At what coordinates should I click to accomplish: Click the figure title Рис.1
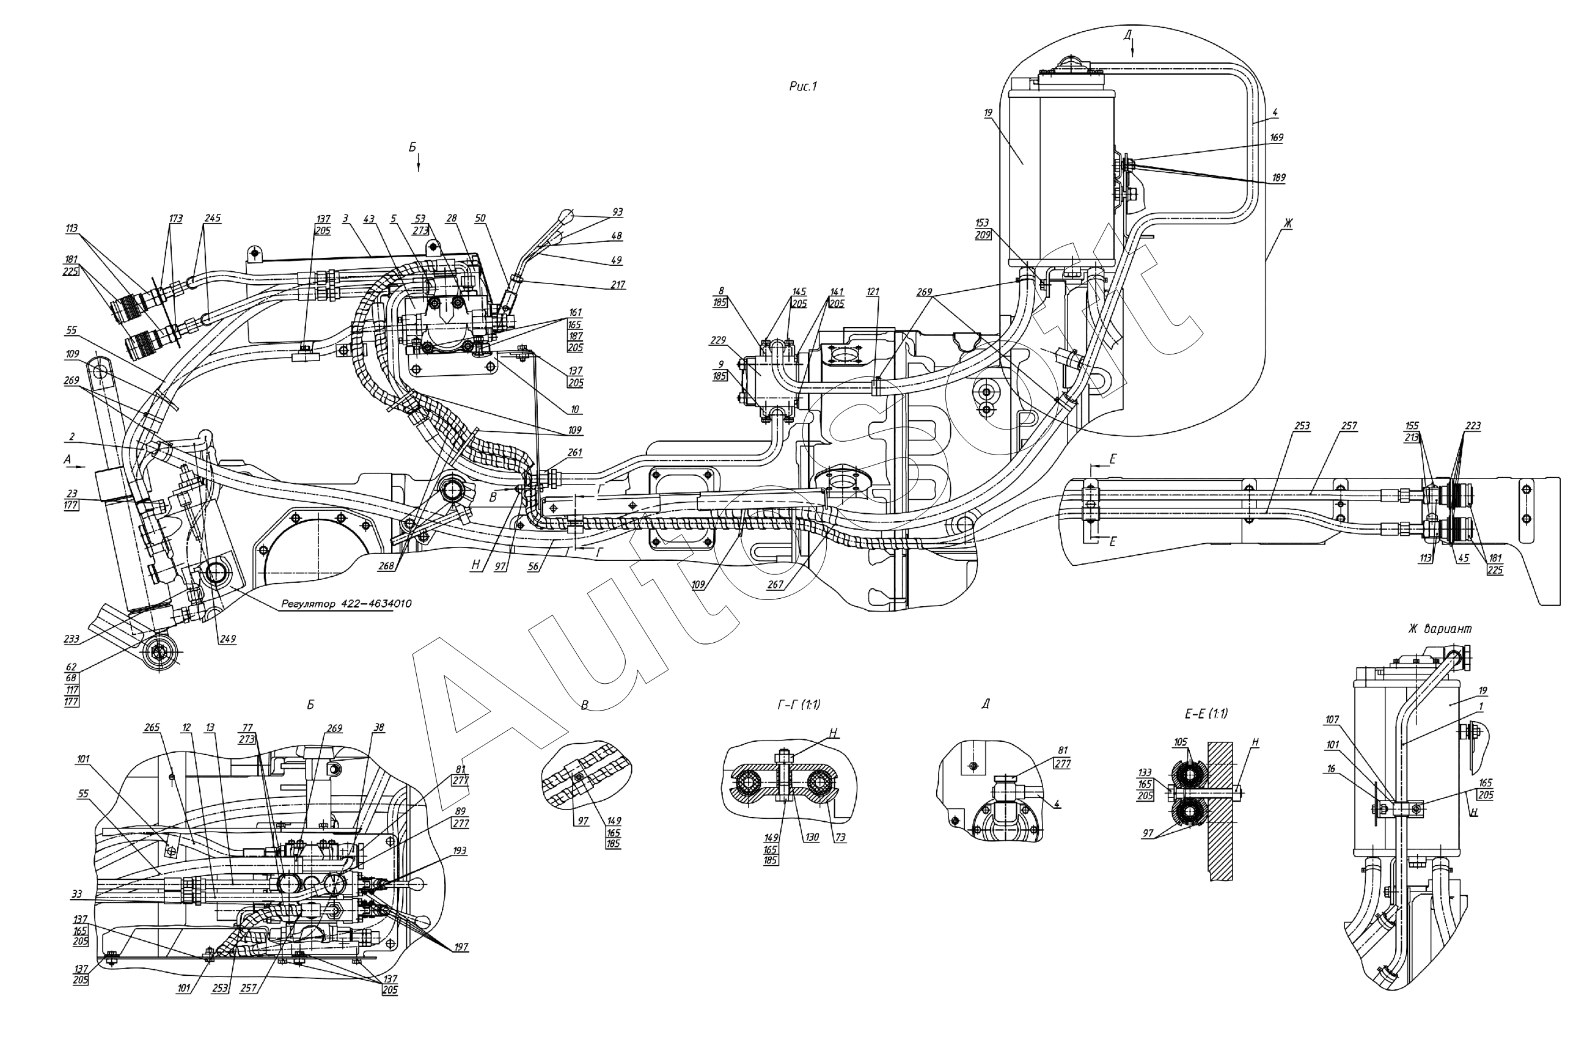(x=802, y=86)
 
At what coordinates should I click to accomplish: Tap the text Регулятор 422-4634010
(x=346, y=604)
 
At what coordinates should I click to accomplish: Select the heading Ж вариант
(x=1440, y=628)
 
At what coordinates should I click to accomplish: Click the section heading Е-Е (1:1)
(x=1206, y=714)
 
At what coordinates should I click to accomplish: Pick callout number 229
(x=717, y=340)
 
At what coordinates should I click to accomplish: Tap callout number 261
(x=574, y=452)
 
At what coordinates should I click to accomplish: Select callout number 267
(x=775, y=585)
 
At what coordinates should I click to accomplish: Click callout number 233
(x=71, y=639)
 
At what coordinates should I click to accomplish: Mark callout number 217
(x=617, y=285)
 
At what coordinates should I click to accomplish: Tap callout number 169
(x=1277, y=137)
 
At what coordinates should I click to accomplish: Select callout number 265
(x=152, y=728)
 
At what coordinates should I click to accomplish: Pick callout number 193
(x=460, y=851)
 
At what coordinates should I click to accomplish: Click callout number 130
(x=811, y=837)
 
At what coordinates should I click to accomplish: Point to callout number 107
(x=1332, y=720)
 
